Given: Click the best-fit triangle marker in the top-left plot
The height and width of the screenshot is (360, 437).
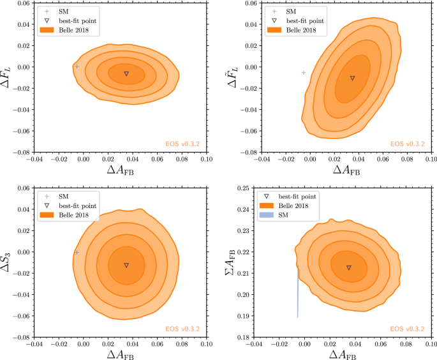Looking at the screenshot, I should [126, 73].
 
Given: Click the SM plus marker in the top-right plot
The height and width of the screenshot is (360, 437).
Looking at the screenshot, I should [304, 73].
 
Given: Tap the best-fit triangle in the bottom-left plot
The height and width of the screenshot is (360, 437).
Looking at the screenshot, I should [126, 265].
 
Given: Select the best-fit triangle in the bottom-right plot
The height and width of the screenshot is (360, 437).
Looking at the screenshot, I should [349, 267].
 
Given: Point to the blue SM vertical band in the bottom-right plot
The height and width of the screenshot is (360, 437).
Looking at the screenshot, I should [298, 294].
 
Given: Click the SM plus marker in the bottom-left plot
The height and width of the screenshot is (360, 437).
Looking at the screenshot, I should [77, 253].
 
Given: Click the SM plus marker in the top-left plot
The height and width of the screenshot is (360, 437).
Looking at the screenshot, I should [77, 66].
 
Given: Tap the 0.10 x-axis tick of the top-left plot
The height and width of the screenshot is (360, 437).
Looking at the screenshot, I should [206, 160].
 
